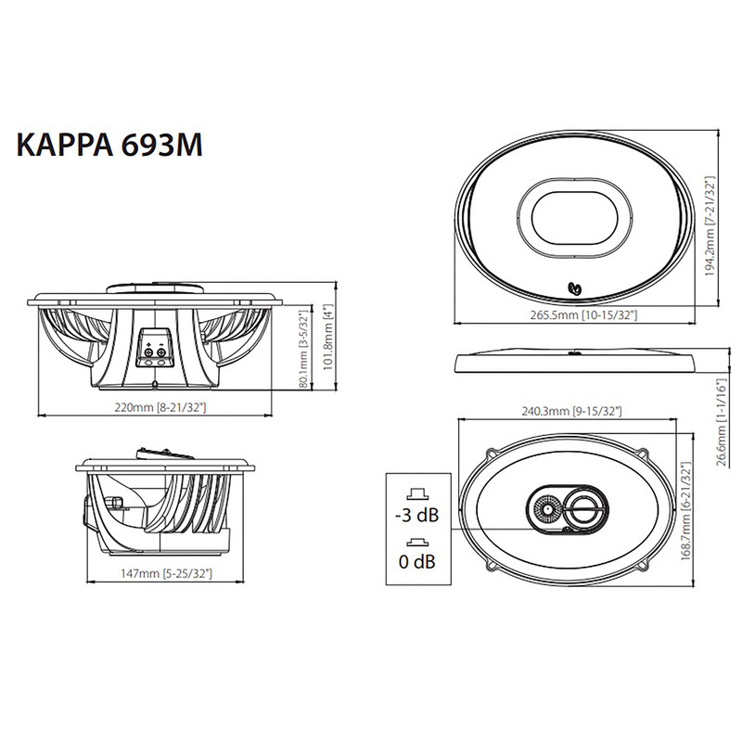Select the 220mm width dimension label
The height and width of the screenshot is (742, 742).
coord(157,406)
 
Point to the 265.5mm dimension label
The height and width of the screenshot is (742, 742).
coord(582,316)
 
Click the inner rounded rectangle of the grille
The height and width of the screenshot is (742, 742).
coord(574,219)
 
